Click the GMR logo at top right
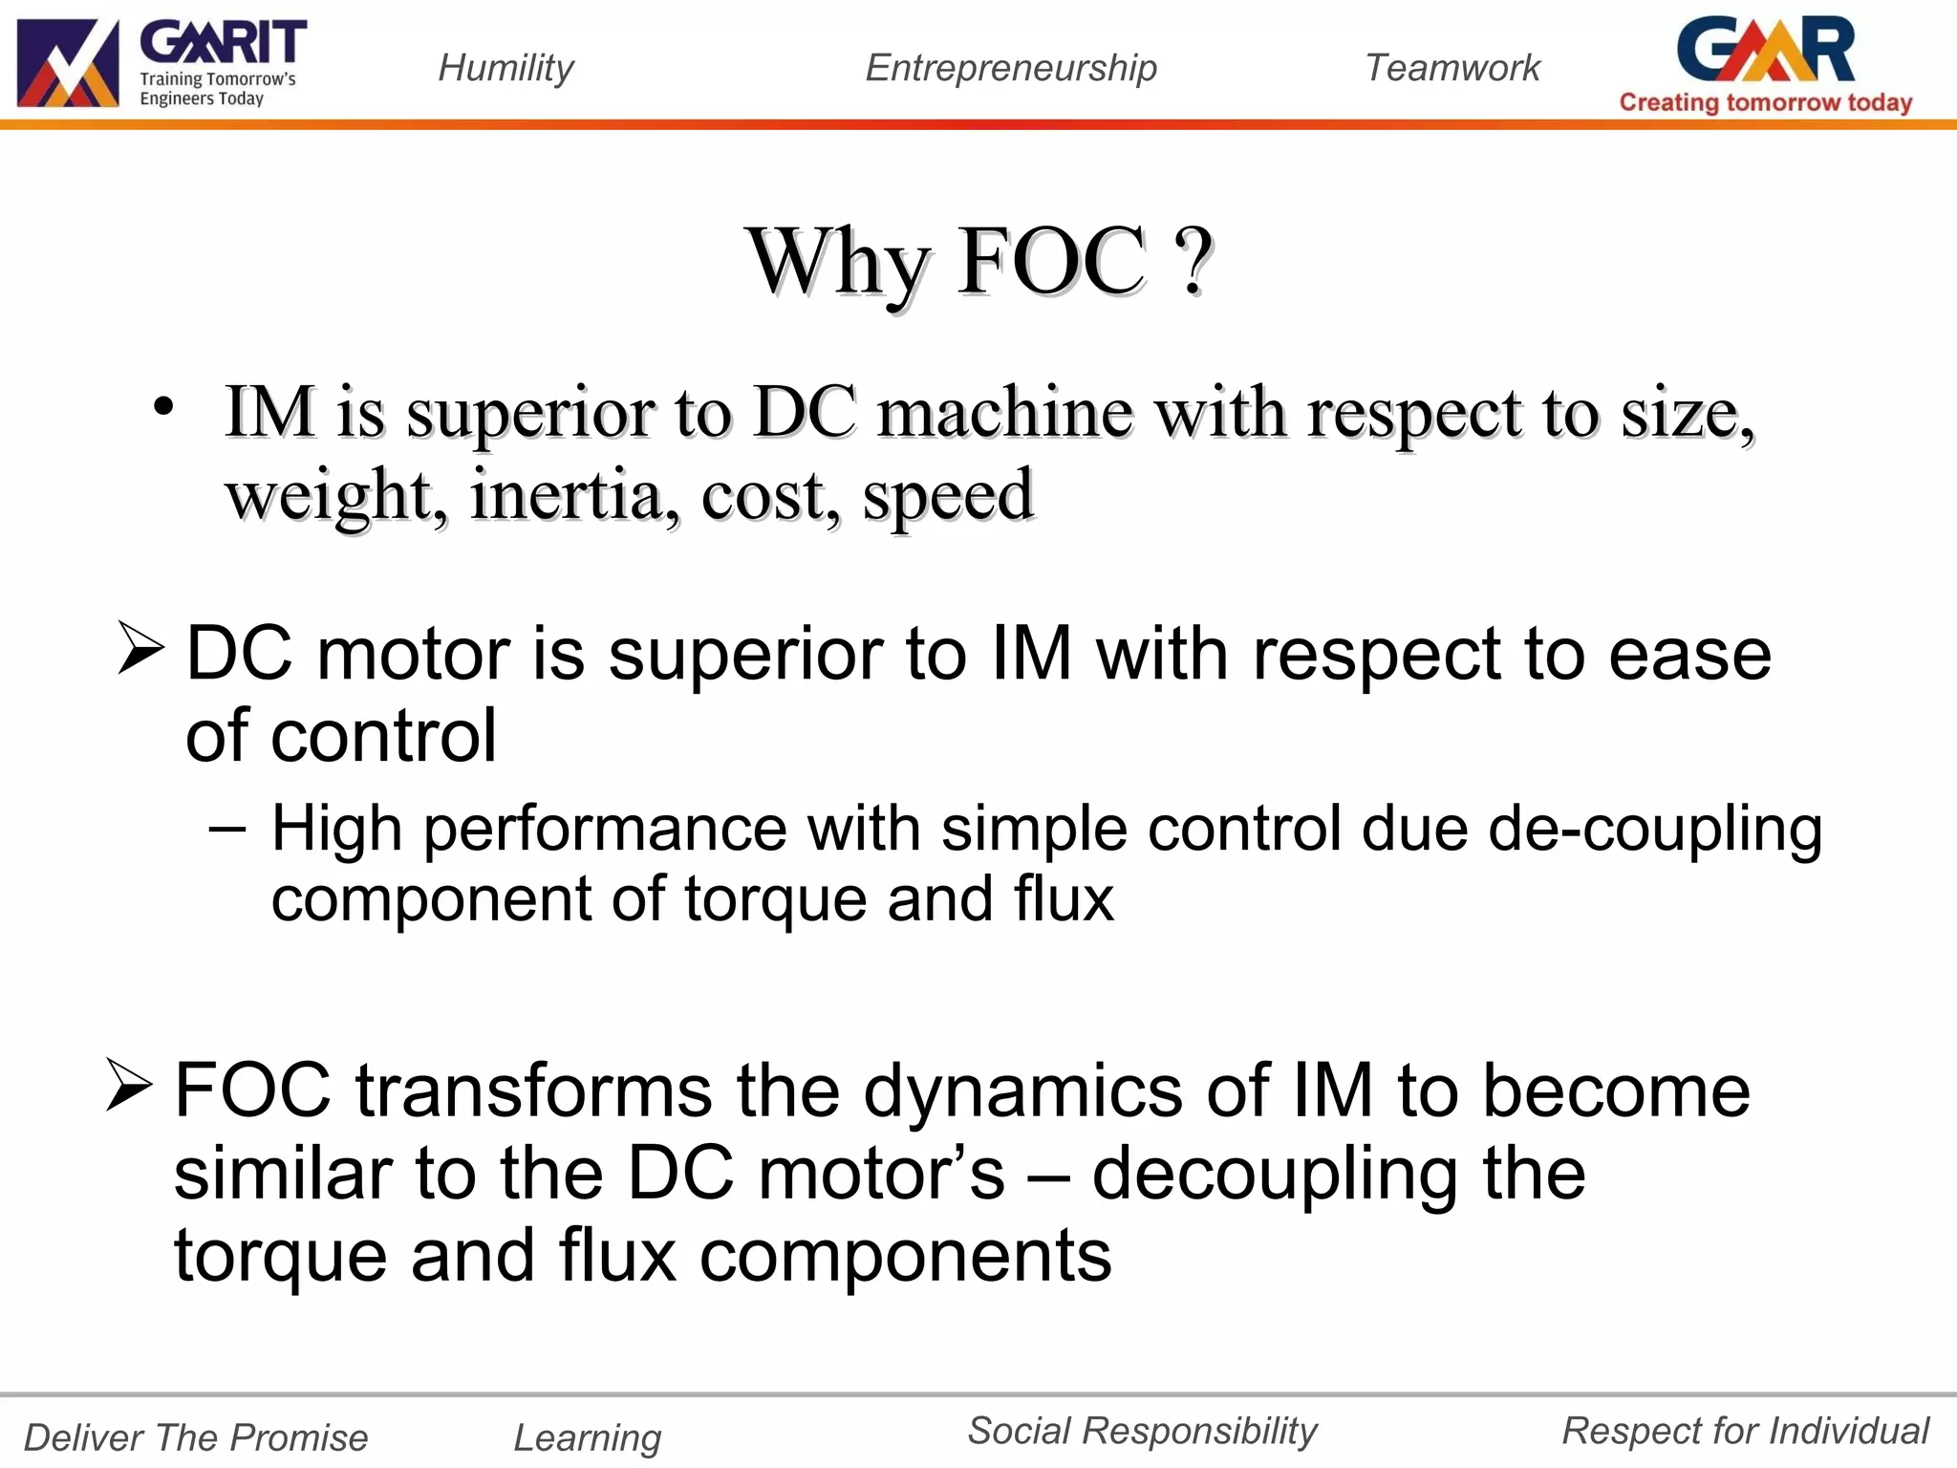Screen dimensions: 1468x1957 [1766, 50]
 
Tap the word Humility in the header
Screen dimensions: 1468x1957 [505, 68]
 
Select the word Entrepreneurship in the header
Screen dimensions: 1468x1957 [1011, 68]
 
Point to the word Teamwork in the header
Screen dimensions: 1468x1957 [1452, 68]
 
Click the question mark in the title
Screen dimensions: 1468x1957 [1194, 261]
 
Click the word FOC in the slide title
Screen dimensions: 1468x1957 [1051, 261]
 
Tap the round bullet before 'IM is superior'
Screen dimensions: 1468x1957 [163, 406]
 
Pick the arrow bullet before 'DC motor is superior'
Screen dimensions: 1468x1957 [140, 647]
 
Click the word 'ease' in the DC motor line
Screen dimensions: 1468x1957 [1689, 655]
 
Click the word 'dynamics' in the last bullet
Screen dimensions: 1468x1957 [1022, 1092]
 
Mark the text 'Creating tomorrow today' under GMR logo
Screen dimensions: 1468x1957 [1766, 102]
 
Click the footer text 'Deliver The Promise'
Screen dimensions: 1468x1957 [196, 1437]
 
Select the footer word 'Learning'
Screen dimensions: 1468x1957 [588, 1437]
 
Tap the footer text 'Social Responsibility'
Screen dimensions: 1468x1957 [1142, 1431]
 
